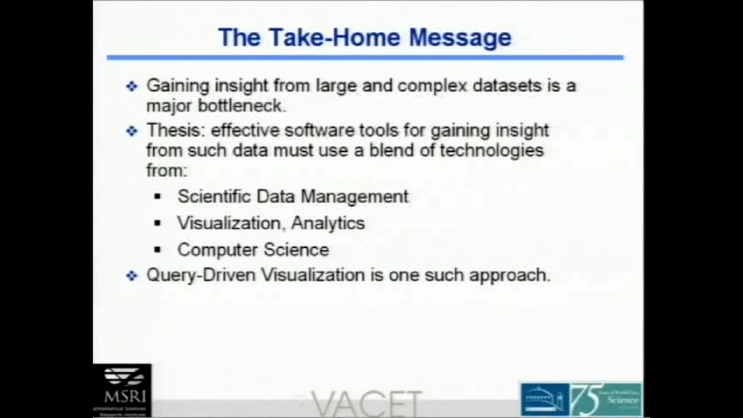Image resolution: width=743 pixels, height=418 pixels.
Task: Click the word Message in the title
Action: point(460,38)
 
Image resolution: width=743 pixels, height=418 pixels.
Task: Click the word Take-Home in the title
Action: point(334,37)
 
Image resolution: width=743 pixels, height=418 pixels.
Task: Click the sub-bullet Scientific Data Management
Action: point(293,196)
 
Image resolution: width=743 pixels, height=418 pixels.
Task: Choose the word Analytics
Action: point(328,223)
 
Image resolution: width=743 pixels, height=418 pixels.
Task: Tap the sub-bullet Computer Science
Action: point(253,250)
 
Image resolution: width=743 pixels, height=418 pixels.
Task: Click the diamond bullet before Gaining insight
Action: point(132,86)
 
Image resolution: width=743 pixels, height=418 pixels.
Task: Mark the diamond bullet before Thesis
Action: point(132,131)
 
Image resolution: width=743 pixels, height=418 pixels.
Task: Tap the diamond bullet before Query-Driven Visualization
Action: point(132,276)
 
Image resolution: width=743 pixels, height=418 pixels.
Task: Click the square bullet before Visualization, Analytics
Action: point(157,223)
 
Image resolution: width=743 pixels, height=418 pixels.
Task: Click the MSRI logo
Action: point(123,389)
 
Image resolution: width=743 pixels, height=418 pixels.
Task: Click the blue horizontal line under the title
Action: point(365,58)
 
